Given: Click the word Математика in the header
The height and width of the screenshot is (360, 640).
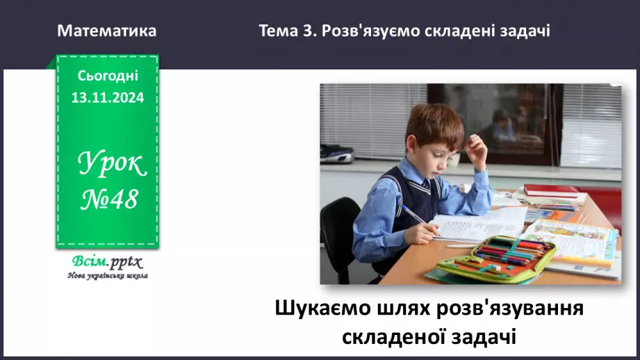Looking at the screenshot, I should click(x=107, y=31).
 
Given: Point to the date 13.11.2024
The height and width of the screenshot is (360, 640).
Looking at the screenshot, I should click(x=108, y=98).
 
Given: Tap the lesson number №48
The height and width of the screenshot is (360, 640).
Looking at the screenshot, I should click(x=110, y=200).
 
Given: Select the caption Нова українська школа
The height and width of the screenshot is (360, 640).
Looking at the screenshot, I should click(x=108, y=275).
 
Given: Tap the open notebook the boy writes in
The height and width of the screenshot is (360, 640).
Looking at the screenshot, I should click(x=479, y=224).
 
